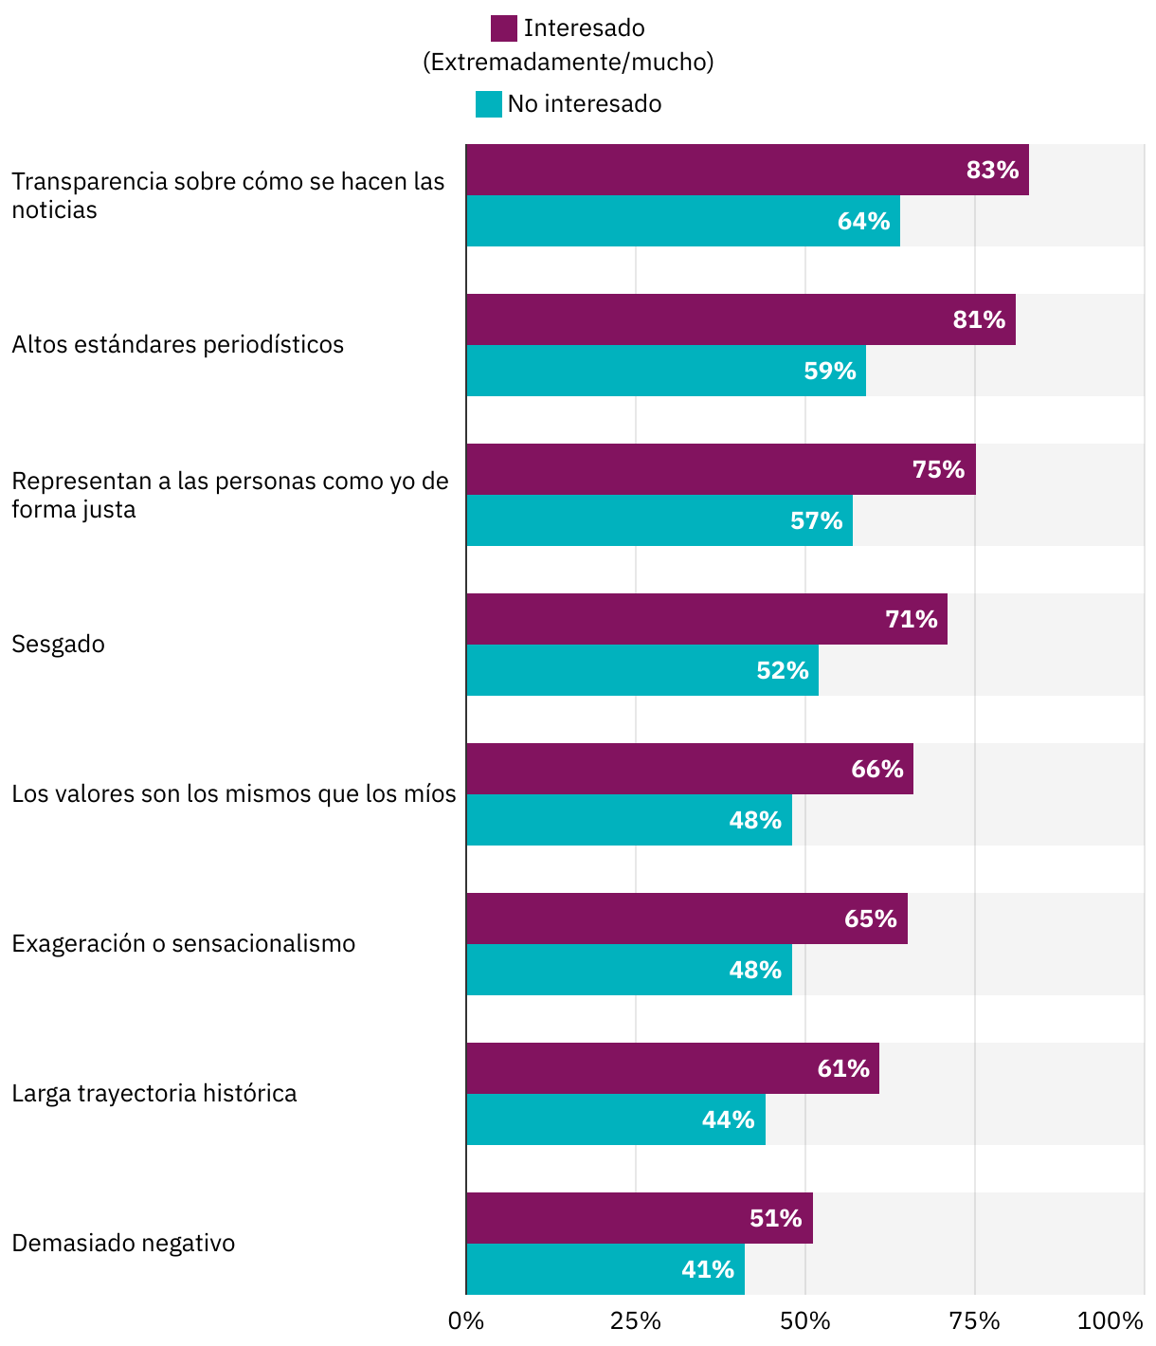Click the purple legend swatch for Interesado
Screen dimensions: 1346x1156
point(503,28)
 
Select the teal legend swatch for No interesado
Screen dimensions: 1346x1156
point(488,104)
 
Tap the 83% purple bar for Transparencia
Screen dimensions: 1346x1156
point(747,171)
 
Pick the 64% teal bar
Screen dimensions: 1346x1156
point(682,222)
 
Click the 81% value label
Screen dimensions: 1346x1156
point(979,319)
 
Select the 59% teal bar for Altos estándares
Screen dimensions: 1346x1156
point(665,371)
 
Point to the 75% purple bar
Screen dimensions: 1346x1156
point(720,469)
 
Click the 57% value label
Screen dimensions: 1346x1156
point(817,520)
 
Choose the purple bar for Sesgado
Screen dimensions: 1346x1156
point(706,619)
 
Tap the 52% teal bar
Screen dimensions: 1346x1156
point(641,670)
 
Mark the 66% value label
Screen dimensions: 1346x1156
point(877,769)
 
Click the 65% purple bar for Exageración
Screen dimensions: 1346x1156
point(686,919)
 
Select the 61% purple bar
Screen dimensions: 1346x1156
point(672,1068)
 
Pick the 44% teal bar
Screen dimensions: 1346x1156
point(615,1119)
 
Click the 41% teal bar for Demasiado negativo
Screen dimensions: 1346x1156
point(605,1269)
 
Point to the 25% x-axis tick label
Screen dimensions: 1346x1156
point(635,1321)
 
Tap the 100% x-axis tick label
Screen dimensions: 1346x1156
point(1111,1321)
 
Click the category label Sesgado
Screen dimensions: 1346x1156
point(59,645)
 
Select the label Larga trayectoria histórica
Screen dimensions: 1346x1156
point(154,1094)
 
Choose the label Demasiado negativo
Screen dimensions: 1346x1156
point(123,1244)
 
